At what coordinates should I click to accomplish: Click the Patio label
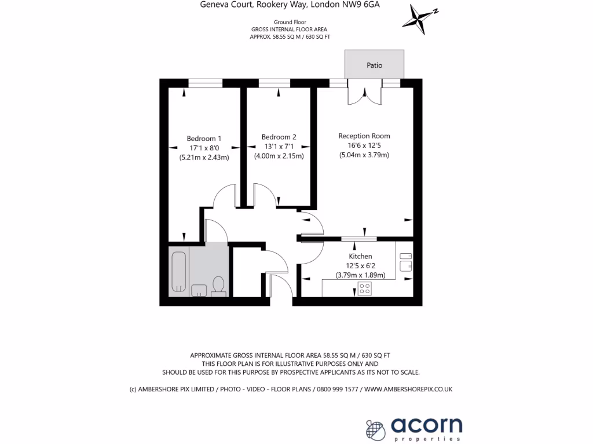(x=375, y=65)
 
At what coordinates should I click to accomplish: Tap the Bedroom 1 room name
(x=204, y=138)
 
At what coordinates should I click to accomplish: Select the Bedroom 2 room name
(x=279, y=137)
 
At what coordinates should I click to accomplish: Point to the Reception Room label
(x=364, y=136)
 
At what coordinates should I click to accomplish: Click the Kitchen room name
(x=360, y=256)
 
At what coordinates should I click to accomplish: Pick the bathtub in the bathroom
(x=179, y=272)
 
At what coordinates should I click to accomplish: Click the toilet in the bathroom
(x=218, y=286)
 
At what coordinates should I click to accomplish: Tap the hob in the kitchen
(x=365, y=288)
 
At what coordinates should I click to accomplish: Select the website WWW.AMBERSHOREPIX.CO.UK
(x=408, y=390)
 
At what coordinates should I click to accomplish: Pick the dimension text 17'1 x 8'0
(x=204, y=147)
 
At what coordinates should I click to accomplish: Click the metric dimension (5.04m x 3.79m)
(x=364, y=155)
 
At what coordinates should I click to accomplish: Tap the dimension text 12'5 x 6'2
(x=360, y=266)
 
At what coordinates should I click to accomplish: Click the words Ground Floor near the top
(x=289, y=22)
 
